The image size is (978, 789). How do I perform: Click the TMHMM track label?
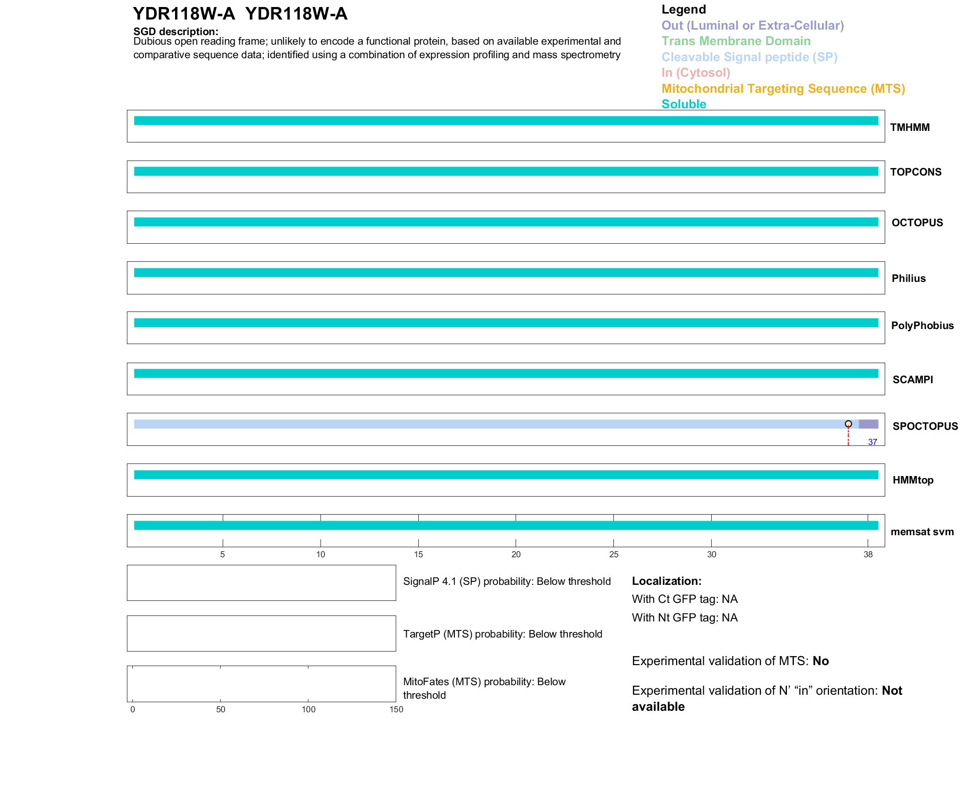[909, 127]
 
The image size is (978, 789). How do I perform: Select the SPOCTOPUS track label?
[925, 426]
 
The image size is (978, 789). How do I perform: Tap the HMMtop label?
[913, 480]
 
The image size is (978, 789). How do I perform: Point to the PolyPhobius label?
[922, 326]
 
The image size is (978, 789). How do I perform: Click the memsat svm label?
[922, 532]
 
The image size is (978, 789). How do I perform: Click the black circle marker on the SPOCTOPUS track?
[848, 424]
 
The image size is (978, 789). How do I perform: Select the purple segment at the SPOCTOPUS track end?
[868, 424]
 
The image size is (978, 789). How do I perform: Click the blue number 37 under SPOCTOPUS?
[872, 442]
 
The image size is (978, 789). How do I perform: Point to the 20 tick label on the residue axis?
[516, 554]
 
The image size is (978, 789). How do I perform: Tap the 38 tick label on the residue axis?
[868, 554]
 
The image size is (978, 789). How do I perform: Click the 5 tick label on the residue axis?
[223, 554]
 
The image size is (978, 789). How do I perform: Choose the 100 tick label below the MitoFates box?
[308, 709]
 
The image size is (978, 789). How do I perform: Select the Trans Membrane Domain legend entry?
[736, 41]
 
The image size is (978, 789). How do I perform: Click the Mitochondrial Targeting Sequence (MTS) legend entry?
[783, 89]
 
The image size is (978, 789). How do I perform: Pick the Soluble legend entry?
[684, 104]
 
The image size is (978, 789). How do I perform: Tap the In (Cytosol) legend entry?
[696, 73]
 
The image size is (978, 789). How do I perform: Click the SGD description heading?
[176, 32]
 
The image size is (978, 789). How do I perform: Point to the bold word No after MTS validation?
[821, 661]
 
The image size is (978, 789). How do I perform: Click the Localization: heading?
[667, 581]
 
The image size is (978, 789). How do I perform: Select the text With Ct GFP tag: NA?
[685, 599]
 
